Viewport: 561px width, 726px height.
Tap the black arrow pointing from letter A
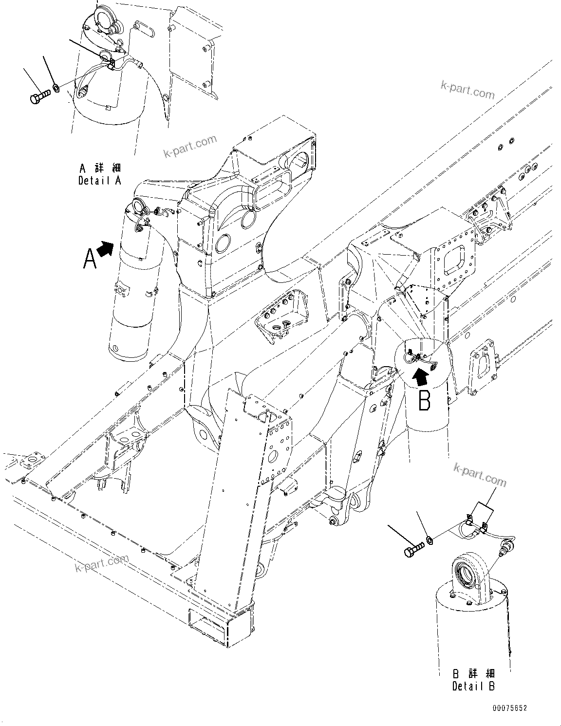106,248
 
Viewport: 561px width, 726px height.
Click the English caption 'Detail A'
99,181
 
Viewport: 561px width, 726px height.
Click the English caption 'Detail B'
473,686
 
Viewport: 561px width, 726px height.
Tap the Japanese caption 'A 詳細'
100,168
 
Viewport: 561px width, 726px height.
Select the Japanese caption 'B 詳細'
473,674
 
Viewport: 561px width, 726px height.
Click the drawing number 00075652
509,708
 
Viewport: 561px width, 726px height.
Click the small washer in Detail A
56,89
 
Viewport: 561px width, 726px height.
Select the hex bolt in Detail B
413,551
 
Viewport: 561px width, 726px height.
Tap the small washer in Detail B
430,540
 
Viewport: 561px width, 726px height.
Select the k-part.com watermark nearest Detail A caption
190,147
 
